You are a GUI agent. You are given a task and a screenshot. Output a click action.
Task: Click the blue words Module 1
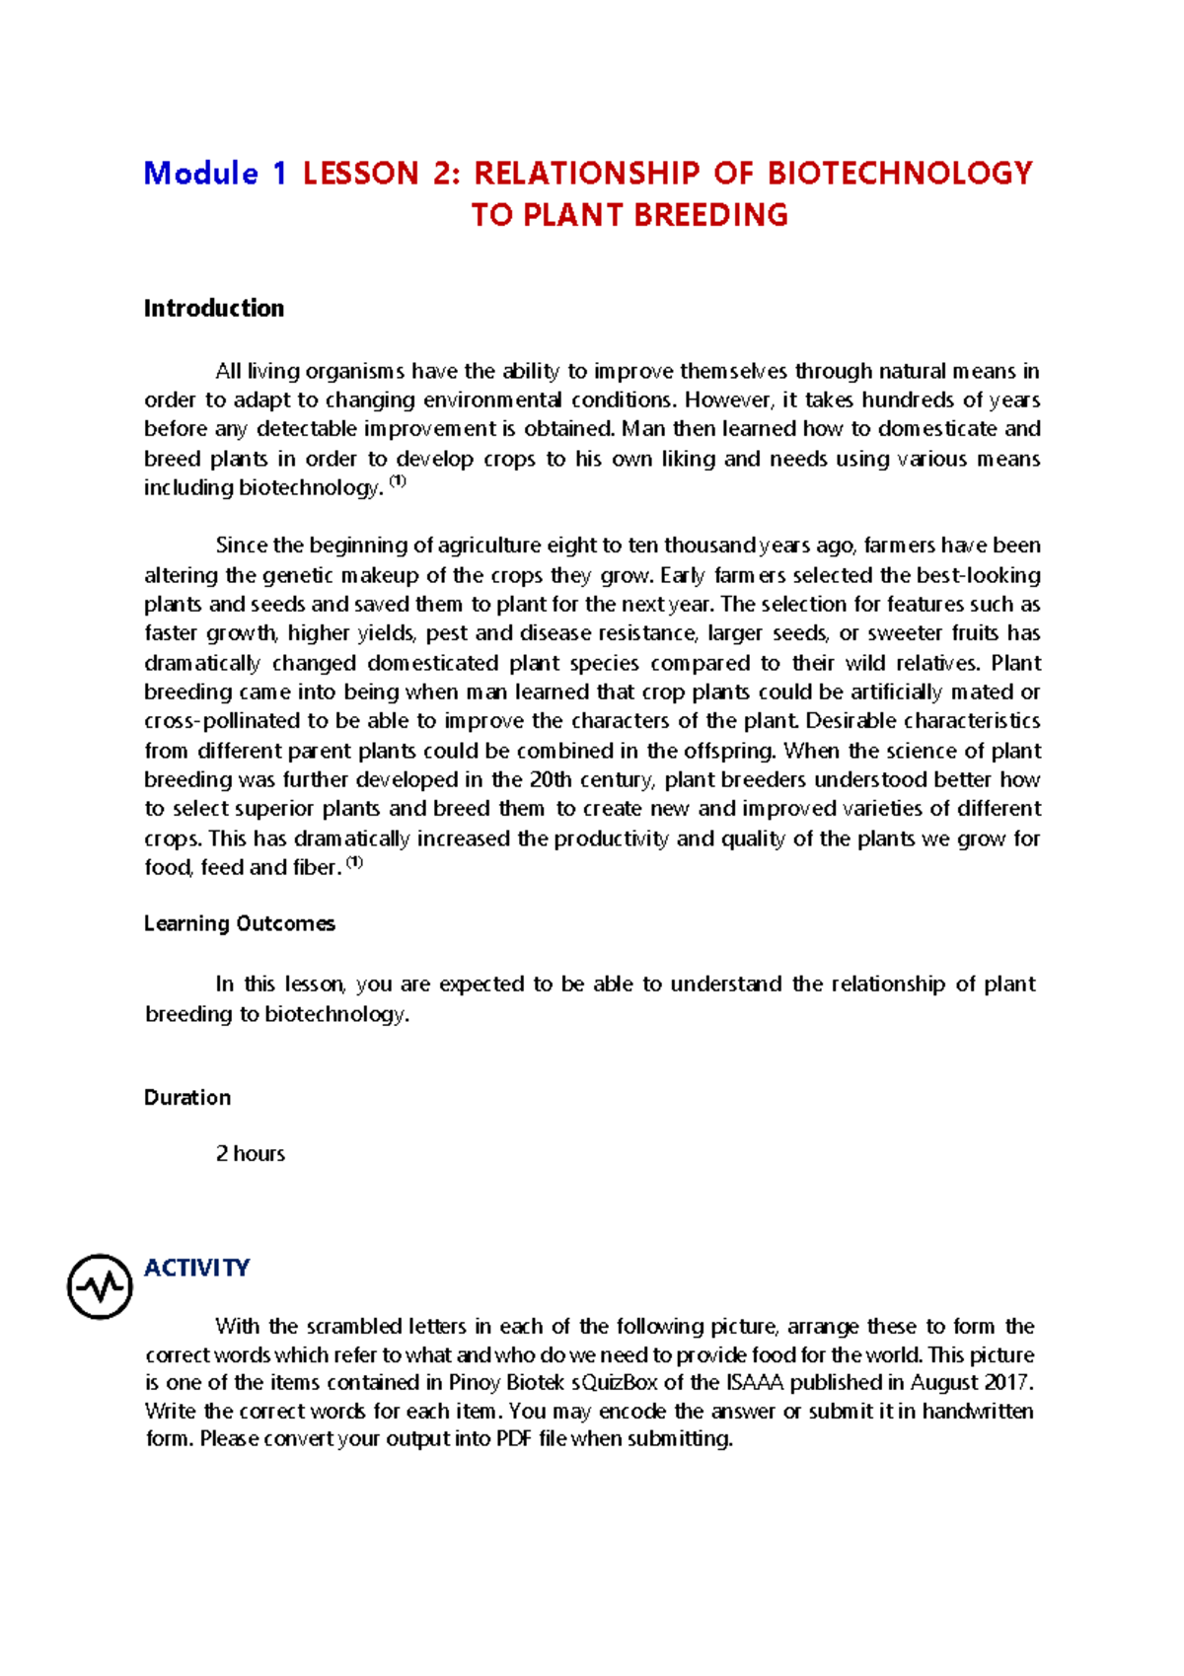(215, 174)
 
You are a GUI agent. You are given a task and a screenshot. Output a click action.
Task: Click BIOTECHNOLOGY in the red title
(899, 174)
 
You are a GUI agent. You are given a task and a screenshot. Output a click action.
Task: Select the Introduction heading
(214, 309)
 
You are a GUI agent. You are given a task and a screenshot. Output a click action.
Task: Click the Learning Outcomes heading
(240, 924)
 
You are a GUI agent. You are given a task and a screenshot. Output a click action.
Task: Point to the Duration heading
(187, 1098)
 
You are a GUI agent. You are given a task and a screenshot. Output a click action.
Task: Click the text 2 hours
(251, 1154)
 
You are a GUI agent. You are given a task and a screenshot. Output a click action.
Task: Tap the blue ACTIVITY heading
(196, 1268)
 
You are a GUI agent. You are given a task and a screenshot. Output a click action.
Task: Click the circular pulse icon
(100, 1286)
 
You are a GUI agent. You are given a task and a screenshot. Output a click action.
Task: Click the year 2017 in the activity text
(1007, 1383)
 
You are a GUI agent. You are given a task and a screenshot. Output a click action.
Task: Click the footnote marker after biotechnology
(398, 481)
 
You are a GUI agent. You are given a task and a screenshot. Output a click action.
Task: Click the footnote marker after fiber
(355, 862)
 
